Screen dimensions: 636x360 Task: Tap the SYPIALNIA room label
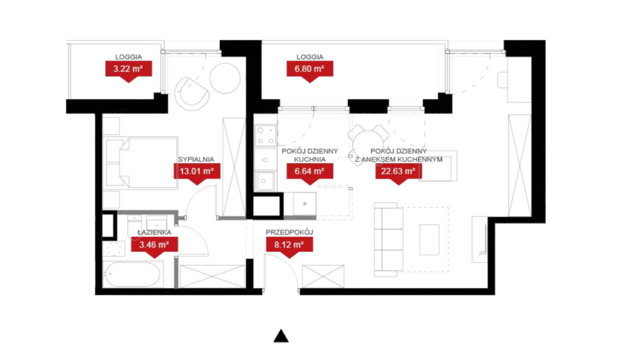coord(196,160)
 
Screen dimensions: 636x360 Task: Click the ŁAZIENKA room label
coord(154,233)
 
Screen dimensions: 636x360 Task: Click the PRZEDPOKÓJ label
coord(289,232)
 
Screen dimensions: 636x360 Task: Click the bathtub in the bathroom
coord(133,274)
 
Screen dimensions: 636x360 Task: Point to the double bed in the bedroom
coord(142,163)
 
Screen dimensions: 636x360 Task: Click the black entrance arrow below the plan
coord(281,336)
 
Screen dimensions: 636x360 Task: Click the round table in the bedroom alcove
coord(225,78)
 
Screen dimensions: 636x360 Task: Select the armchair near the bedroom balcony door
coord(191,94)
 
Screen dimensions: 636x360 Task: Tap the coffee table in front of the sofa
coord(429,240)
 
